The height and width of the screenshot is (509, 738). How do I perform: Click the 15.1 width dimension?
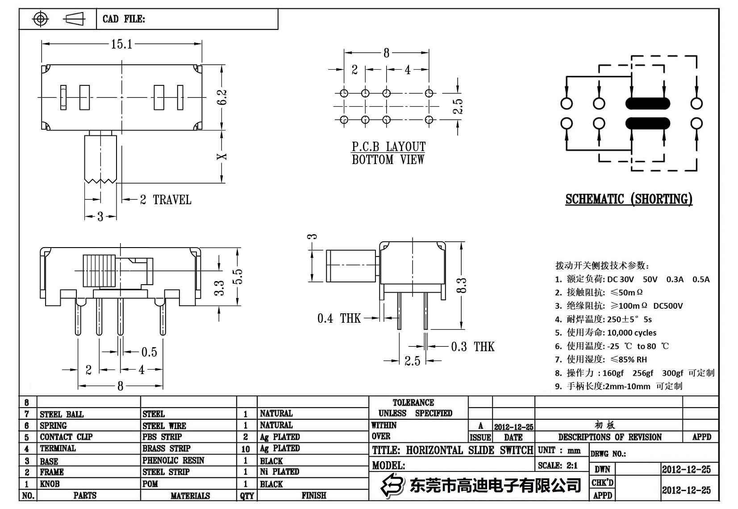(121, 44)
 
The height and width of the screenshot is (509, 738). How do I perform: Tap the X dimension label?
(222, 157)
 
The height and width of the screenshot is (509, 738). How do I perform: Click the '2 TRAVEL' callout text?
(165, 200)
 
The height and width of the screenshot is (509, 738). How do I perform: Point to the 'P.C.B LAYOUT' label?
(388, 147)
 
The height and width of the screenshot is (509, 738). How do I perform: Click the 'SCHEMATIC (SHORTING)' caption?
(629, 199)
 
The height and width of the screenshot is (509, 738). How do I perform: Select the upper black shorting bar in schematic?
(647, 104)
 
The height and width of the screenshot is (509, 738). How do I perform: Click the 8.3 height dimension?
(461, 286)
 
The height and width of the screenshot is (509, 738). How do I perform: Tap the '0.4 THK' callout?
(339, 318)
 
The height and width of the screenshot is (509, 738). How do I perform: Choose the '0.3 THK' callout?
(472, 346)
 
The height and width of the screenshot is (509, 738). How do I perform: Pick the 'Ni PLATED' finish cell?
(279, 471)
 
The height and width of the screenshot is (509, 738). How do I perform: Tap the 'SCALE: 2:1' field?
(558, 466)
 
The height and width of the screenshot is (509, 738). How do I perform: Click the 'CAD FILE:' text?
(124, 19)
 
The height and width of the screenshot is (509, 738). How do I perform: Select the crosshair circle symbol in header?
(41, 19)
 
